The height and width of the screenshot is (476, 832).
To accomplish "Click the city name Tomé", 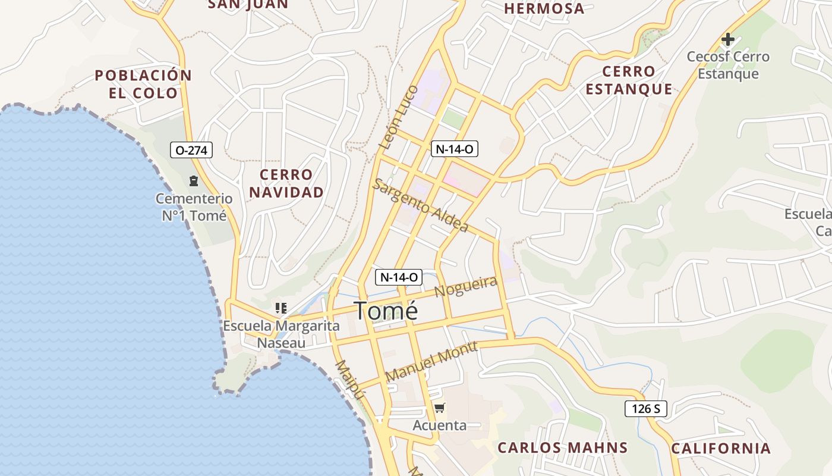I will (386, 311).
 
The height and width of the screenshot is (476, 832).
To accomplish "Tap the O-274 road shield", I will (191, 150).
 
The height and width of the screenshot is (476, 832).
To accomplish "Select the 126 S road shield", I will (645, 409).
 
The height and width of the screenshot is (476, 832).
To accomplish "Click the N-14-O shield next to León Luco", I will (455, 149).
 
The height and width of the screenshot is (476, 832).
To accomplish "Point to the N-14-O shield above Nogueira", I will (398, 277).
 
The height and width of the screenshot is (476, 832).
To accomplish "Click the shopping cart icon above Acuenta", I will (439, 408).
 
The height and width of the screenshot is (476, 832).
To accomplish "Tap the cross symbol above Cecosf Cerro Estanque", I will (727, 40).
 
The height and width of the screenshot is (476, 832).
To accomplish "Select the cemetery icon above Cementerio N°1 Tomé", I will (193, 180).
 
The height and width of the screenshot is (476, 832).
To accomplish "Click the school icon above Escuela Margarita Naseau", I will (281, 308).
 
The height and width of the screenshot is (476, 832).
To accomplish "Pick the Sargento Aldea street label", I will (420, 205).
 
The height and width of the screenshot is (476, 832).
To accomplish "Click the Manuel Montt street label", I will (431, 362).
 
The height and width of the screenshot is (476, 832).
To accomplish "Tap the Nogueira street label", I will (466, 287).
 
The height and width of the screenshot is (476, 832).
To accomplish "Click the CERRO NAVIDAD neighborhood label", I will (286, 183).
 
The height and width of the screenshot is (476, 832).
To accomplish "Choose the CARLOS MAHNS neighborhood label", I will (562, 447).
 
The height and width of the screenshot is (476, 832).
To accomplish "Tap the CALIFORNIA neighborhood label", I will (720, 448).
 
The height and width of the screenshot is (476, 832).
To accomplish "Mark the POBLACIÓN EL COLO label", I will (143, 84).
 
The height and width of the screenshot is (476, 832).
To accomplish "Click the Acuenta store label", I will (440, 425).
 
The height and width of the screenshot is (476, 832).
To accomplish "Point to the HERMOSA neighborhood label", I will (544, 8).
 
